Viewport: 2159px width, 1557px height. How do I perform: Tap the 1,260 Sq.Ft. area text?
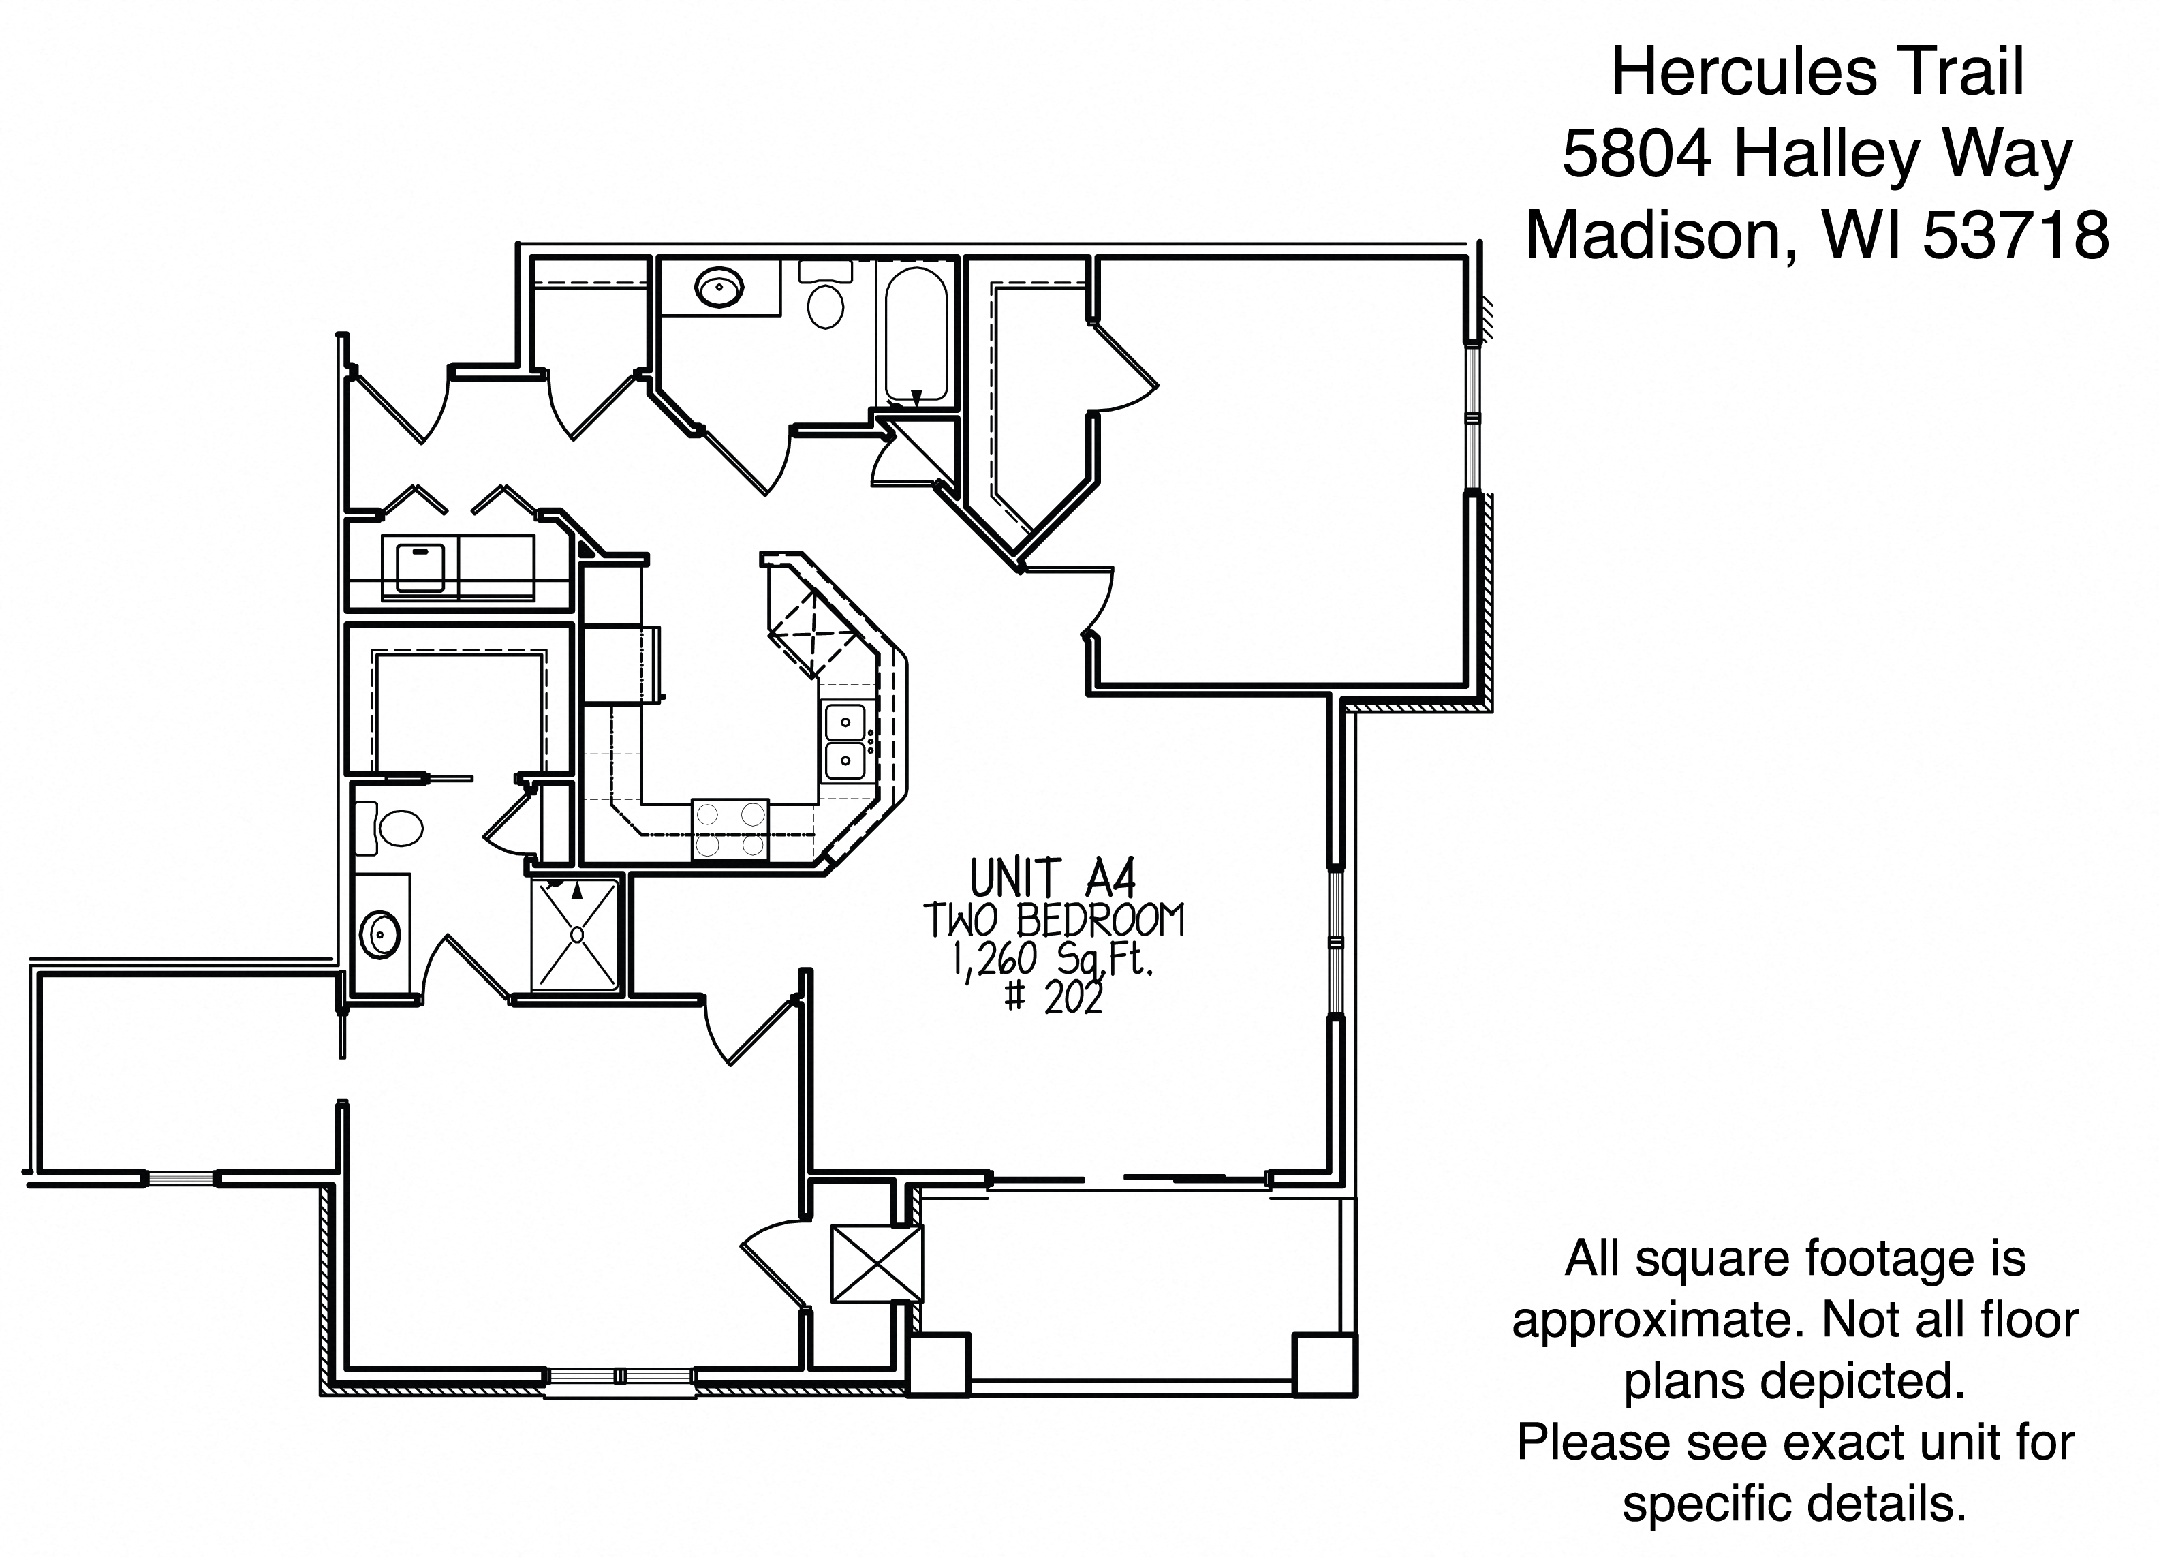(x=1053, y=962)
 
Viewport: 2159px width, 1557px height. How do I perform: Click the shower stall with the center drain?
(x=575, y=934)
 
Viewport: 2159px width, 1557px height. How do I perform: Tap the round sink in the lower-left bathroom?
(x=382, y=935)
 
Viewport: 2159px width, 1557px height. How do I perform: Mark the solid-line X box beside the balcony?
(x=877, y=1264)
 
